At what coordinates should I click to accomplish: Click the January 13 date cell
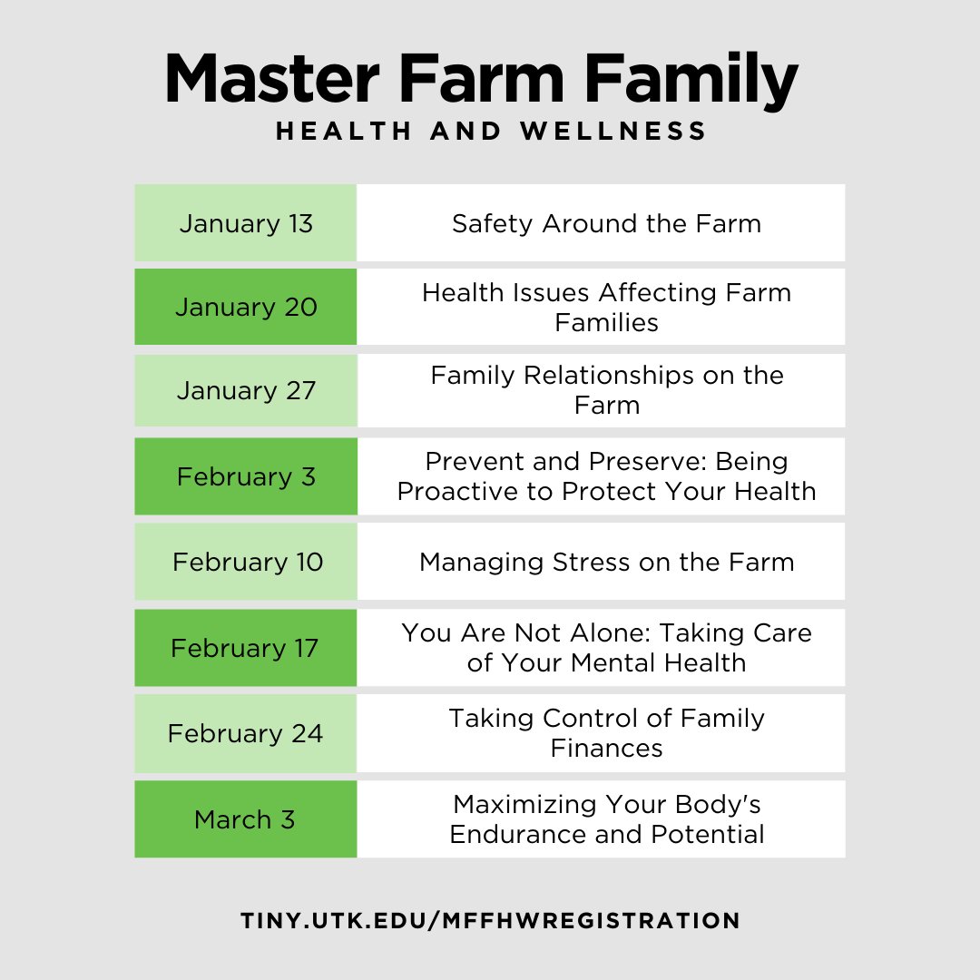[246, 223]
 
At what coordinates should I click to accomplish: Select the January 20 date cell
[246, 307]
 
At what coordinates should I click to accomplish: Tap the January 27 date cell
[246, 390]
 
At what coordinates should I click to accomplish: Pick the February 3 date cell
[246, 476]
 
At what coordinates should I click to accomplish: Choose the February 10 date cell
[247, 562]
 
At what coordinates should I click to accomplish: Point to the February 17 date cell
[245, 648]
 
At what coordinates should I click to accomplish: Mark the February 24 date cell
[245, 733]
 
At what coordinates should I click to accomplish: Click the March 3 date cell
[245, 819]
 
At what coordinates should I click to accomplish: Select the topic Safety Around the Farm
[606, 223]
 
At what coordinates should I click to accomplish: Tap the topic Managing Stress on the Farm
[606, 562]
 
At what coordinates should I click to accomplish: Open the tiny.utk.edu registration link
[490, 920]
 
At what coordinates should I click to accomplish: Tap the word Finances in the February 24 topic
[606, 749]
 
